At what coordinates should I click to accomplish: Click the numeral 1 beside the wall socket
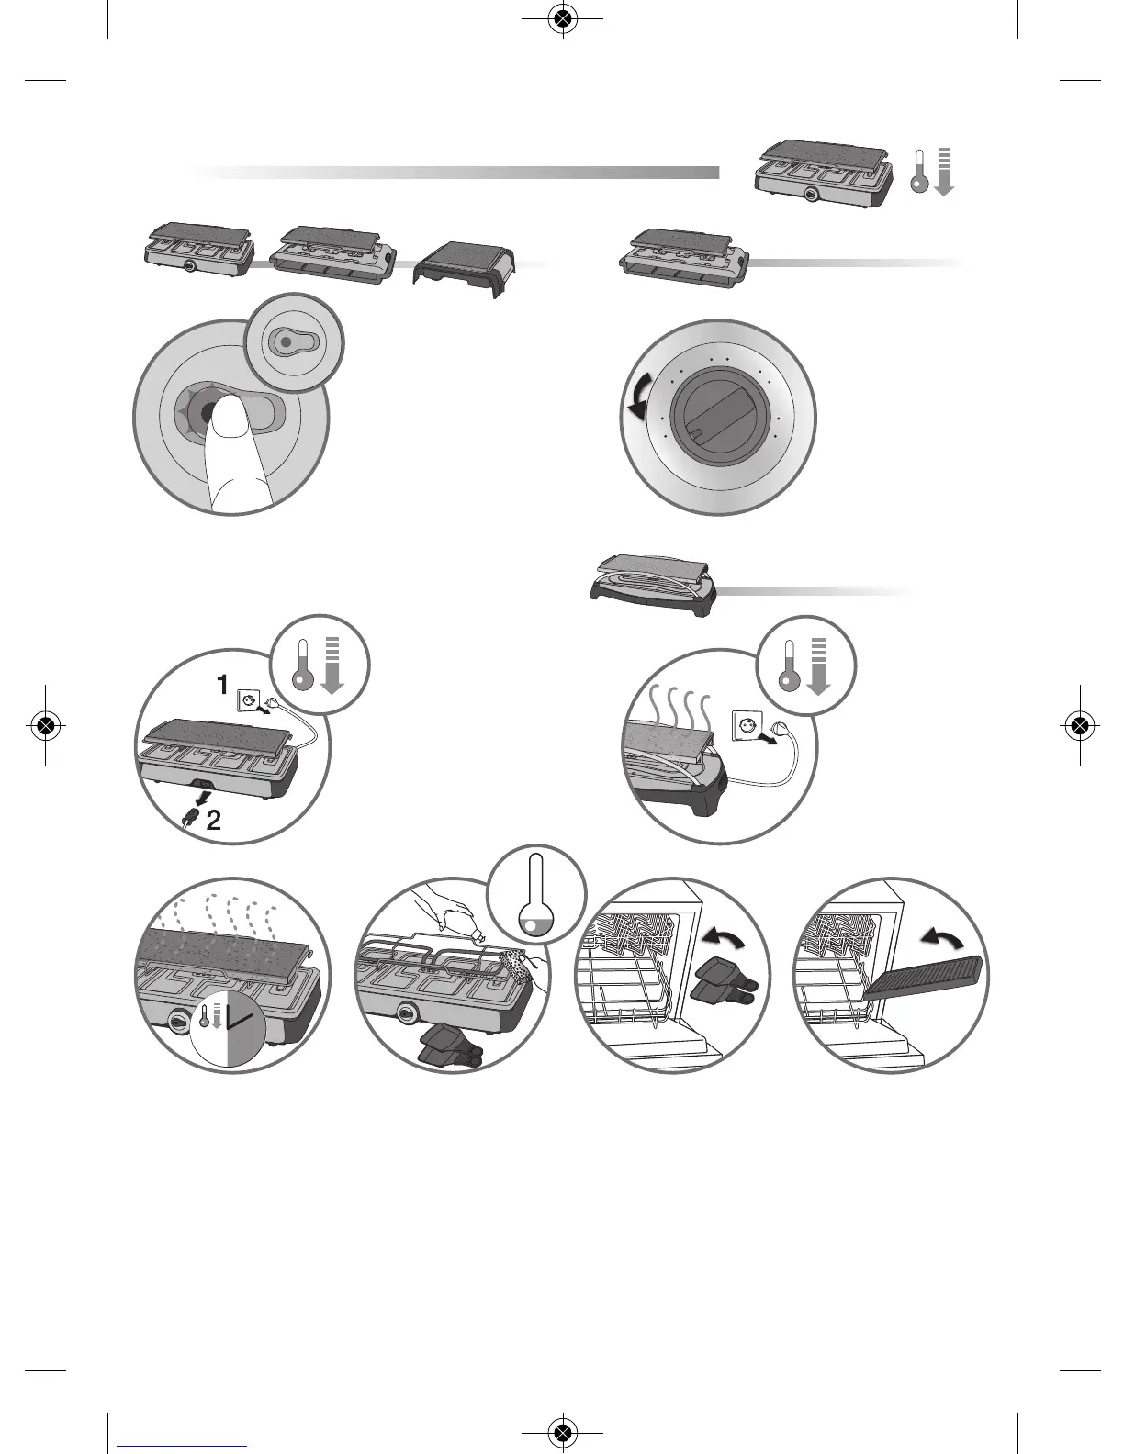point(222,685)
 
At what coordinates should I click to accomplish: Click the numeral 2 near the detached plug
point(212,820)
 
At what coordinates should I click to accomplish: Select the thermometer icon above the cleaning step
point(537,889)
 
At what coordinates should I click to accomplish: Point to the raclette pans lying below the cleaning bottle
point(450,1046)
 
